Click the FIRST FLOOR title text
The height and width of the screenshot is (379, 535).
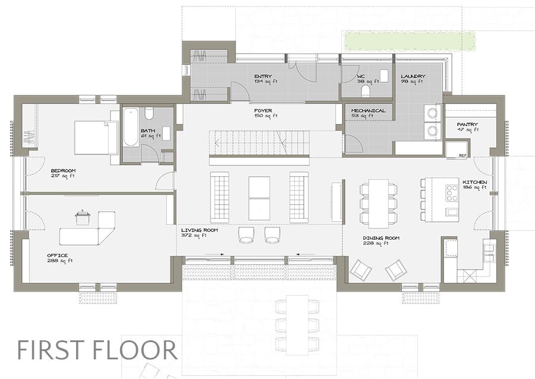(x=96, y=349)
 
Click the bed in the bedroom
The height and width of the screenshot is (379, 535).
(x=95, y=138)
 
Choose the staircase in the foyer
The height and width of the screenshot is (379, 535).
(x=260, y=143)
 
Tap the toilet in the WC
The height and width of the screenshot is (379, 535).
(x=366, y=90)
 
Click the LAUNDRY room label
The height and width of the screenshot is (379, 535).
(x=412, y=77)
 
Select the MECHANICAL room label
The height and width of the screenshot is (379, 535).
(x=368, y=111)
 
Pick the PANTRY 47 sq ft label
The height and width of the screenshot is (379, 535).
(x=467, y=126)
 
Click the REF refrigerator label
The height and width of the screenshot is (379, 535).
(x=462, y=156)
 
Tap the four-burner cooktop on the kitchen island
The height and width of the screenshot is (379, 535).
(x=452, y=193)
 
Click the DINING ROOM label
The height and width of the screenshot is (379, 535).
(x=381, y=238)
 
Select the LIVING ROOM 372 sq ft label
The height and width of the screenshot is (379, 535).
(x=200, y=232)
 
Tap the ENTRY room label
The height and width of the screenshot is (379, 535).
(x=263, y=77)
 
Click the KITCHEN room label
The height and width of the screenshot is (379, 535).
(x=474, y=181)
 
